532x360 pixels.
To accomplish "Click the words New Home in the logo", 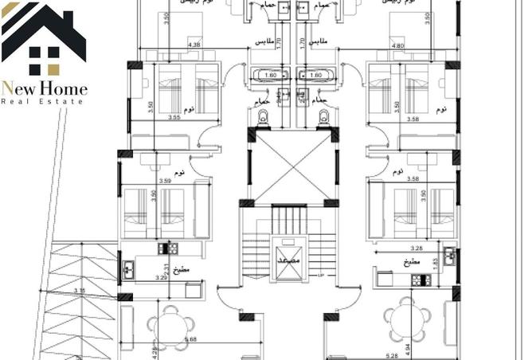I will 45,89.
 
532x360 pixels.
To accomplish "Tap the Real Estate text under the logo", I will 45,102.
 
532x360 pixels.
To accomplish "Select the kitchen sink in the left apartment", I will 128,268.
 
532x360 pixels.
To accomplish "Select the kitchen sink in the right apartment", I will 449,256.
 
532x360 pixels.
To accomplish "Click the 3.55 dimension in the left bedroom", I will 174,118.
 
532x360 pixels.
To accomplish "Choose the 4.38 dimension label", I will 194,45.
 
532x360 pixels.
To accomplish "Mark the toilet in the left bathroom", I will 264,117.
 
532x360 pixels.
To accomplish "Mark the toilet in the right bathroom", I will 323,117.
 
